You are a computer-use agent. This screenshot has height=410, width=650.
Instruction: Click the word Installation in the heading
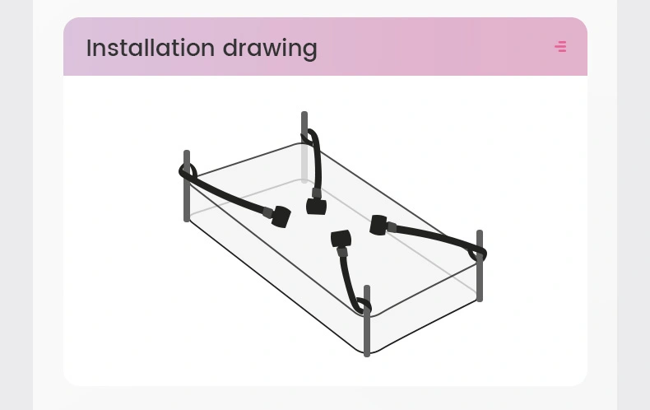151,48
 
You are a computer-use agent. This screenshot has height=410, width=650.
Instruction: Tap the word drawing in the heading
270,49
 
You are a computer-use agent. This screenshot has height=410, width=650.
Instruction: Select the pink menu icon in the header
560,46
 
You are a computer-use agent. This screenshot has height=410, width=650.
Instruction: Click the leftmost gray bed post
187,186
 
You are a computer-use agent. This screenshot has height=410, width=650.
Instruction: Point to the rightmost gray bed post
480,266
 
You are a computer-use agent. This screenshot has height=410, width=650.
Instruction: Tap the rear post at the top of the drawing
304,147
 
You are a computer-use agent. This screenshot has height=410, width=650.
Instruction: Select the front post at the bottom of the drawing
367,321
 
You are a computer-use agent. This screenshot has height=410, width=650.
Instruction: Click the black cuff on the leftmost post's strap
281,217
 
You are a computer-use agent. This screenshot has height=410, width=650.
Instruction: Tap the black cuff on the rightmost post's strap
378,225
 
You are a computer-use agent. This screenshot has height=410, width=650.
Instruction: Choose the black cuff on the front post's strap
341,239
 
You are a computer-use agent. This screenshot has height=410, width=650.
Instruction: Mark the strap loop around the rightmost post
477,253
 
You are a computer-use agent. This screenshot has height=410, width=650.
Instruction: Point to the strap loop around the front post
364,305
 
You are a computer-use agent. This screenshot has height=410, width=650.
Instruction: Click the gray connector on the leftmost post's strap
267,212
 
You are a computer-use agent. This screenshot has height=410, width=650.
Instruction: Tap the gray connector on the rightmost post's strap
392,227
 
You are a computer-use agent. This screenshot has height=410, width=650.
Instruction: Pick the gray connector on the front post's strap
342,251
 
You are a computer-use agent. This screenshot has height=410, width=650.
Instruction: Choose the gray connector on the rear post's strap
316,193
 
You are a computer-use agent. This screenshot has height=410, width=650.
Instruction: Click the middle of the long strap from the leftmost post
226,193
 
